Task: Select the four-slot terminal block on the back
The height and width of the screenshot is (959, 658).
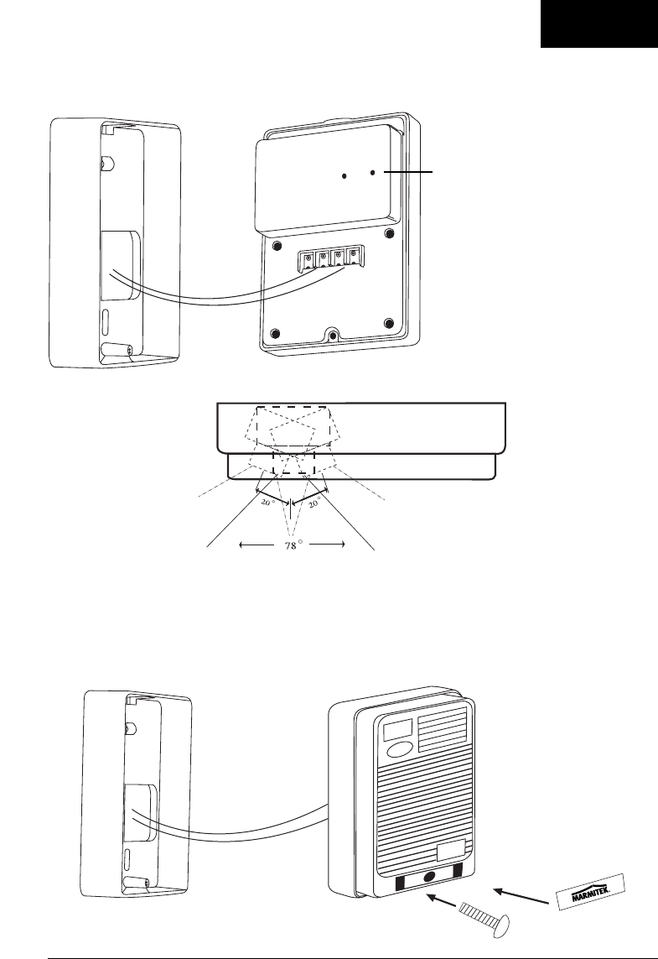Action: pyautogui.click(x=332, y=257)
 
